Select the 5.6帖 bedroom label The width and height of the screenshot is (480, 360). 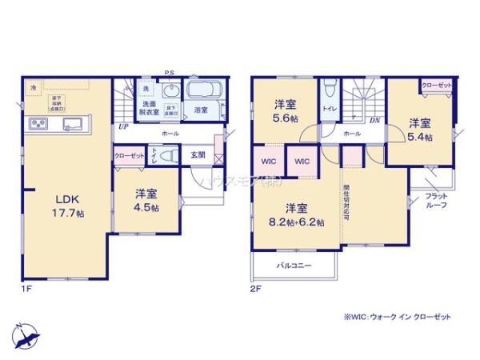click(286, 110)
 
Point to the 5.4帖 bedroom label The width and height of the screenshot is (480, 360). click(421, 130)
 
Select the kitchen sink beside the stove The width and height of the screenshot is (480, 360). click(70, 123)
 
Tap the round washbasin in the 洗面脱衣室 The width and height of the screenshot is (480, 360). click(170, 90)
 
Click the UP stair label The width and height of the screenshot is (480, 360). click(123, 126)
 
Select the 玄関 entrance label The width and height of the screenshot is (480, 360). click(198, 155)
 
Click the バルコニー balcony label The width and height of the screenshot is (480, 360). click(294, 265)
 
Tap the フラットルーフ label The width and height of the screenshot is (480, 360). click(437, 201)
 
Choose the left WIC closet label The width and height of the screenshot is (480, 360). click(269, 161)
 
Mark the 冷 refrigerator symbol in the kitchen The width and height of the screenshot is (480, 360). click(34, 86)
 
